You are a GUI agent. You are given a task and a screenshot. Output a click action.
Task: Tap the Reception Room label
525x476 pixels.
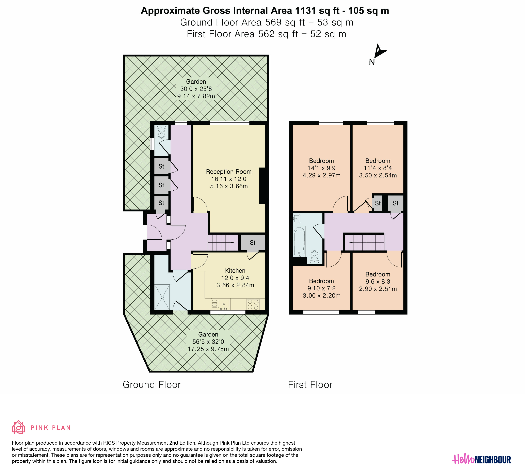coord(229,172)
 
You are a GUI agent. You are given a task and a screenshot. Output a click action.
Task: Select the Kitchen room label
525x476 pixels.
coord(235,271)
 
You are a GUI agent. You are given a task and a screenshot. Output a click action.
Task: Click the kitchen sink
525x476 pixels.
coord(224,304)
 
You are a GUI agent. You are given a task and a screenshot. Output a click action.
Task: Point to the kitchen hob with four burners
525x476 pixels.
coord(253,304)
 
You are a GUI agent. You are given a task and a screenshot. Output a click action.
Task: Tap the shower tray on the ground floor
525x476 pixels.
coord(162,297)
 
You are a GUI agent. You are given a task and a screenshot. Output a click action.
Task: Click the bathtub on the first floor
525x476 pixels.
coord(300,241)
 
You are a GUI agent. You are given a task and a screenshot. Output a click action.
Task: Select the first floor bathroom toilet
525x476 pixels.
coord(315,257)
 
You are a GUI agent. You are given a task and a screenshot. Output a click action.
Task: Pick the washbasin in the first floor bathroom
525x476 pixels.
coord(297,219)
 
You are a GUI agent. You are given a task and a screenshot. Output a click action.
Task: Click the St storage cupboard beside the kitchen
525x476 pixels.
coord(252,243)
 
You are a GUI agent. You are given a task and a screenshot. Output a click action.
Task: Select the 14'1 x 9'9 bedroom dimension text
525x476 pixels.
coord(321,168)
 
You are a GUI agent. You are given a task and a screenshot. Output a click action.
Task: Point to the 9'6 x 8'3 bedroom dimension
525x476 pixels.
coord(378,282)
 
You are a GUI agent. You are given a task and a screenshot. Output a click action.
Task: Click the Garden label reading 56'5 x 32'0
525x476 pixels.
coord(208,342)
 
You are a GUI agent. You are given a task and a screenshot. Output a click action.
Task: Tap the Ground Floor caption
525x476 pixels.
coord(152,385)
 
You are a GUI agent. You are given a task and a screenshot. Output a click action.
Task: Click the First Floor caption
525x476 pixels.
coord(310,385)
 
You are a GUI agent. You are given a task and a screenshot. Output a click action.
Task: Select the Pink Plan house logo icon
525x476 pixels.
coord(18,427)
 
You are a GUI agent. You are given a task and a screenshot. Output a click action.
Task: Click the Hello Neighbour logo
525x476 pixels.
coord(481,460)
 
